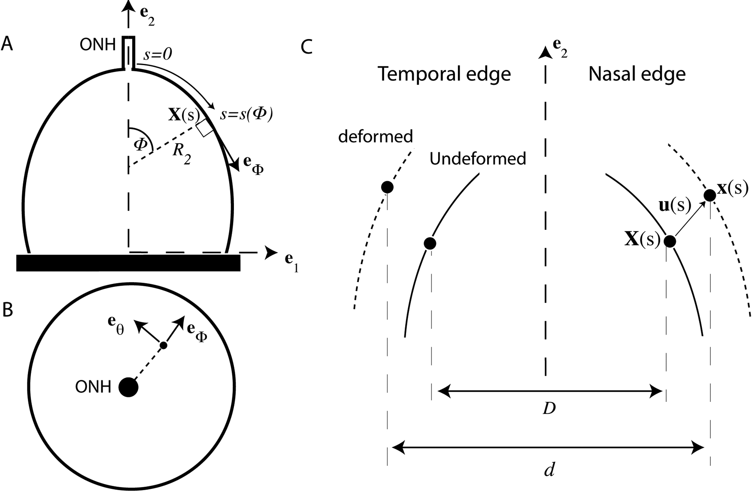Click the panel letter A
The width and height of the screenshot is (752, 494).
coord(7,44)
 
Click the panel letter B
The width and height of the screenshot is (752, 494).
coord(7,310)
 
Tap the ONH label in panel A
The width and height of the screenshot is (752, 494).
coord(97,44)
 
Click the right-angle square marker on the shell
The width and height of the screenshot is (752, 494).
coord(204,127)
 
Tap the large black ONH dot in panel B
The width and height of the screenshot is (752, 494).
coord(128,387)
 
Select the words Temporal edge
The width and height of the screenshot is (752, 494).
coord(444,74)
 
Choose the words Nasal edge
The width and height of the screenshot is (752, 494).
coord(637,74)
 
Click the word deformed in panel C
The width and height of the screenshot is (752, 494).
coord(376,136)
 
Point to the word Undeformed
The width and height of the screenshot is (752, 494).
coord(478,159)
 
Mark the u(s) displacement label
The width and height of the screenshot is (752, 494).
coord(674,206)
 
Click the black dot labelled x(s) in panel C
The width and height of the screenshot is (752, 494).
coord(710,196)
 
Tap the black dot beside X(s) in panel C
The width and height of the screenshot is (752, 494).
coord(670,241)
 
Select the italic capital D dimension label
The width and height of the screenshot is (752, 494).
coord(549,409)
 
